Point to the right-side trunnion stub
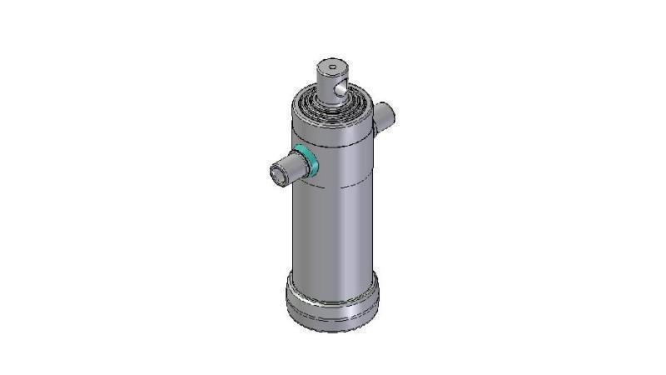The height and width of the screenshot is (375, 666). (385, 117)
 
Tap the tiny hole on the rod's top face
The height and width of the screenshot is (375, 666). (331, 67)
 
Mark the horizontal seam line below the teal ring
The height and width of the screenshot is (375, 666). (333, 189)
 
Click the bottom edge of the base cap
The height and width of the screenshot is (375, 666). (331, 330)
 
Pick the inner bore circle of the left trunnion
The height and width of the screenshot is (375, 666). (276, 175)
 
